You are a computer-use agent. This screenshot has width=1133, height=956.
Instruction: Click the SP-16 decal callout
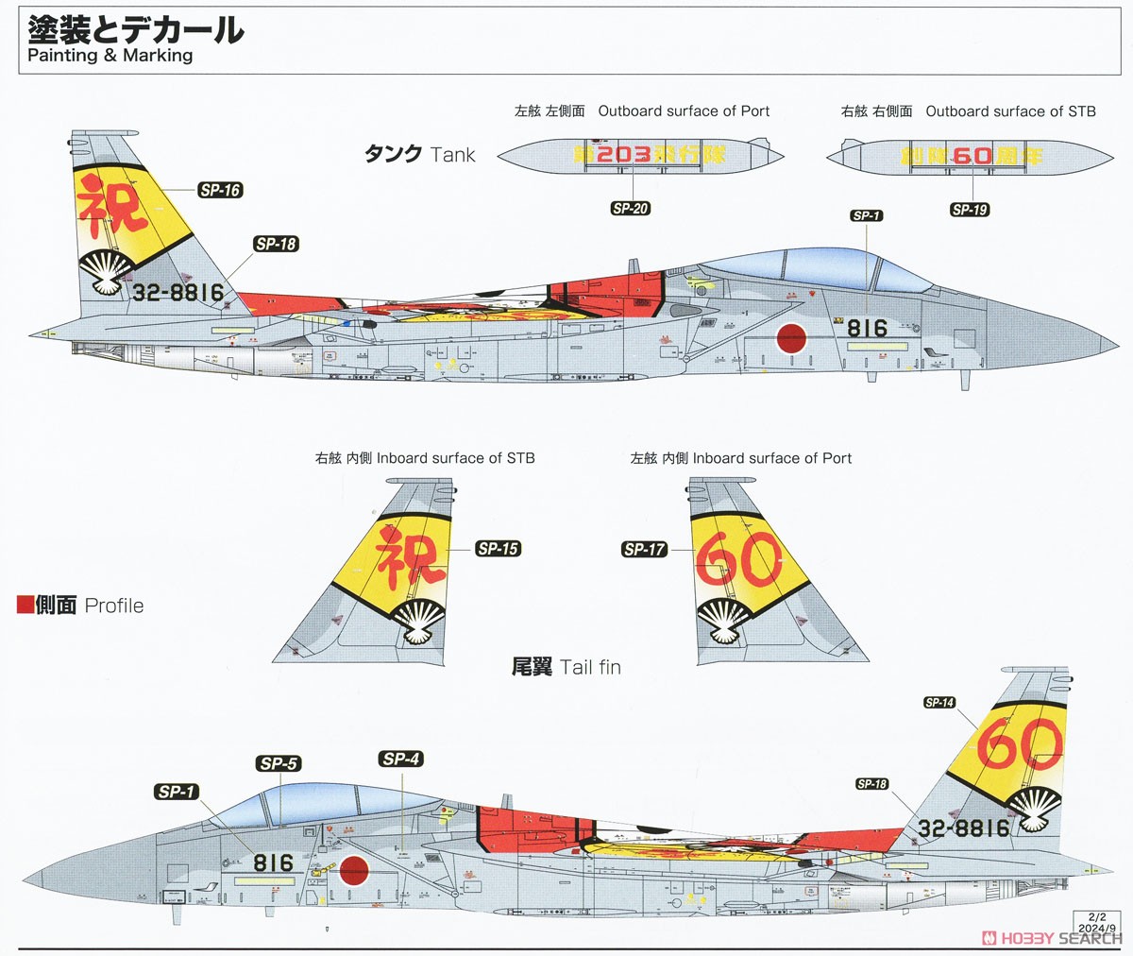220,190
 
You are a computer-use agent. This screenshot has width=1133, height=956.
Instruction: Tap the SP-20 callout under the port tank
630,209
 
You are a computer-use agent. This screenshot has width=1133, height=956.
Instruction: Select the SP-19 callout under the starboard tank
970,210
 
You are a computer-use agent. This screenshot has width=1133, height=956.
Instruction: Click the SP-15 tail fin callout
498,549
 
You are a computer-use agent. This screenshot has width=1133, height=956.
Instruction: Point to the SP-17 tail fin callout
645,549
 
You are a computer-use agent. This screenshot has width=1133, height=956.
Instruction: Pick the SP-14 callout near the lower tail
939,703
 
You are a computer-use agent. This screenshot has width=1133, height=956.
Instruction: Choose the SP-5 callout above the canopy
279,763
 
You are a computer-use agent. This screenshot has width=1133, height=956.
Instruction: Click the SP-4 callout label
401,759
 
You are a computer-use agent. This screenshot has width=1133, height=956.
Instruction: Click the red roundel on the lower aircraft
354,870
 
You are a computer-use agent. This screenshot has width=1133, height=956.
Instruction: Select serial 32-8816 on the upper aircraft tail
178,293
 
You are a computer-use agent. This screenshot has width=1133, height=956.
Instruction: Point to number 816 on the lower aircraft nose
274,863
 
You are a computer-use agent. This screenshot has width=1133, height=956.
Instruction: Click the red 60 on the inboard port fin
738,559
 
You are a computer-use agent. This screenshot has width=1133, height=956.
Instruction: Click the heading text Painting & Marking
110,55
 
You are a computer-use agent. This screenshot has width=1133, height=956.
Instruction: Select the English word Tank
452,155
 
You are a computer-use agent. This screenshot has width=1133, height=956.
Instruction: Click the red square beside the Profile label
25,605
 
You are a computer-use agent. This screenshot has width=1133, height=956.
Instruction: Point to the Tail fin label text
590,667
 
